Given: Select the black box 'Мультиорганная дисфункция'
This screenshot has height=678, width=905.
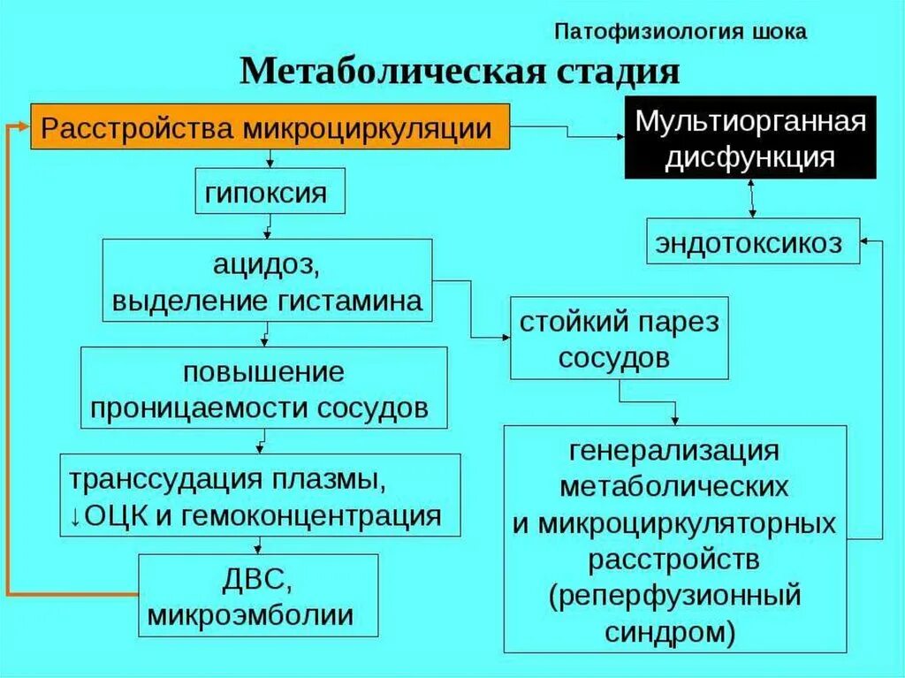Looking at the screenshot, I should tap(750, 137).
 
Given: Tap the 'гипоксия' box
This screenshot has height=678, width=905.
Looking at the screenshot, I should tap(270, 192).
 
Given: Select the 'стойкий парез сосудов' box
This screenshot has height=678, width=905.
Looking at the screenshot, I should tap(619, 338).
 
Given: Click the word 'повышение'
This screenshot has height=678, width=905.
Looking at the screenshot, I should tap(263, 370).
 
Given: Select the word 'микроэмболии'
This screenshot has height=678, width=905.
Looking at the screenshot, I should tap(251, 615).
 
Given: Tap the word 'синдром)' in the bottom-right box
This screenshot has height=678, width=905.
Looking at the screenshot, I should tap(673, 631).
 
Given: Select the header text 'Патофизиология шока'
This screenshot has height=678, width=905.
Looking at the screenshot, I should tap(681, 32).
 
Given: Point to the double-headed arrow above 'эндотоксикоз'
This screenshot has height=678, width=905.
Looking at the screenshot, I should tap(751, 198).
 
